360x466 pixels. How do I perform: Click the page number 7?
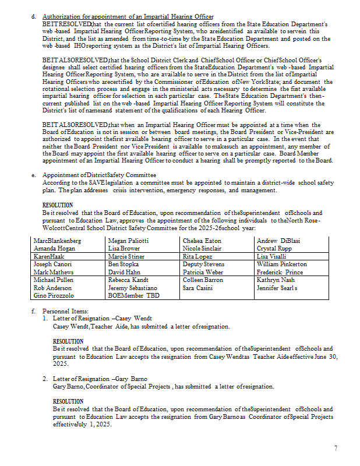(x=336, y=448)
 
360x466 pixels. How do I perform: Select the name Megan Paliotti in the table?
(x=129, y=241)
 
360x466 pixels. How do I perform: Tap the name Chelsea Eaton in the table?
(x=202, y=241)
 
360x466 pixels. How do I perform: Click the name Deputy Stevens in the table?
(x=204, y=264)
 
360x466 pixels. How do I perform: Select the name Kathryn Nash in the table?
(x=276, y=280)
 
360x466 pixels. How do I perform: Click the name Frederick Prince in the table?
(x=280, y=272)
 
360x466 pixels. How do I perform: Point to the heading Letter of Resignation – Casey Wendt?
(x=102, y=319)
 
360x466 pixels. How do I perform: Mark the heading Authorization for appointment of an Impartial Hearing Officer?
(x=128, y=16)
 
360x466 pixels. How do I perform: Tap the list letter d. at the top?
(x=33, y=16)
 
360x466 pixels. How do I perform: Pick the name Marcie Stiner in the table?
(x=126, y=256)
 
